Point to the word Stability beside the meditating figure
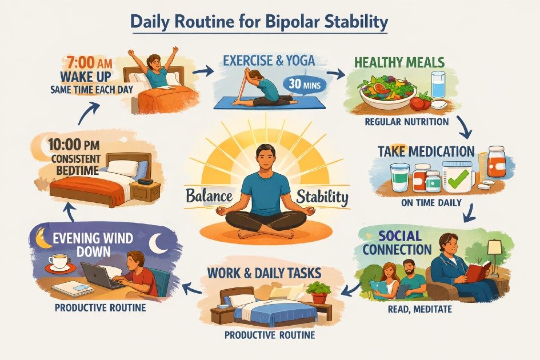322,197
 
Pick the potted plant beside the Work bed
318,291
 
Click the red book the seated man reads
477,272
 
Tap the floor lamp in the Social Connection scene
495,251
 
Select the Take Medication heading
426,151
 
